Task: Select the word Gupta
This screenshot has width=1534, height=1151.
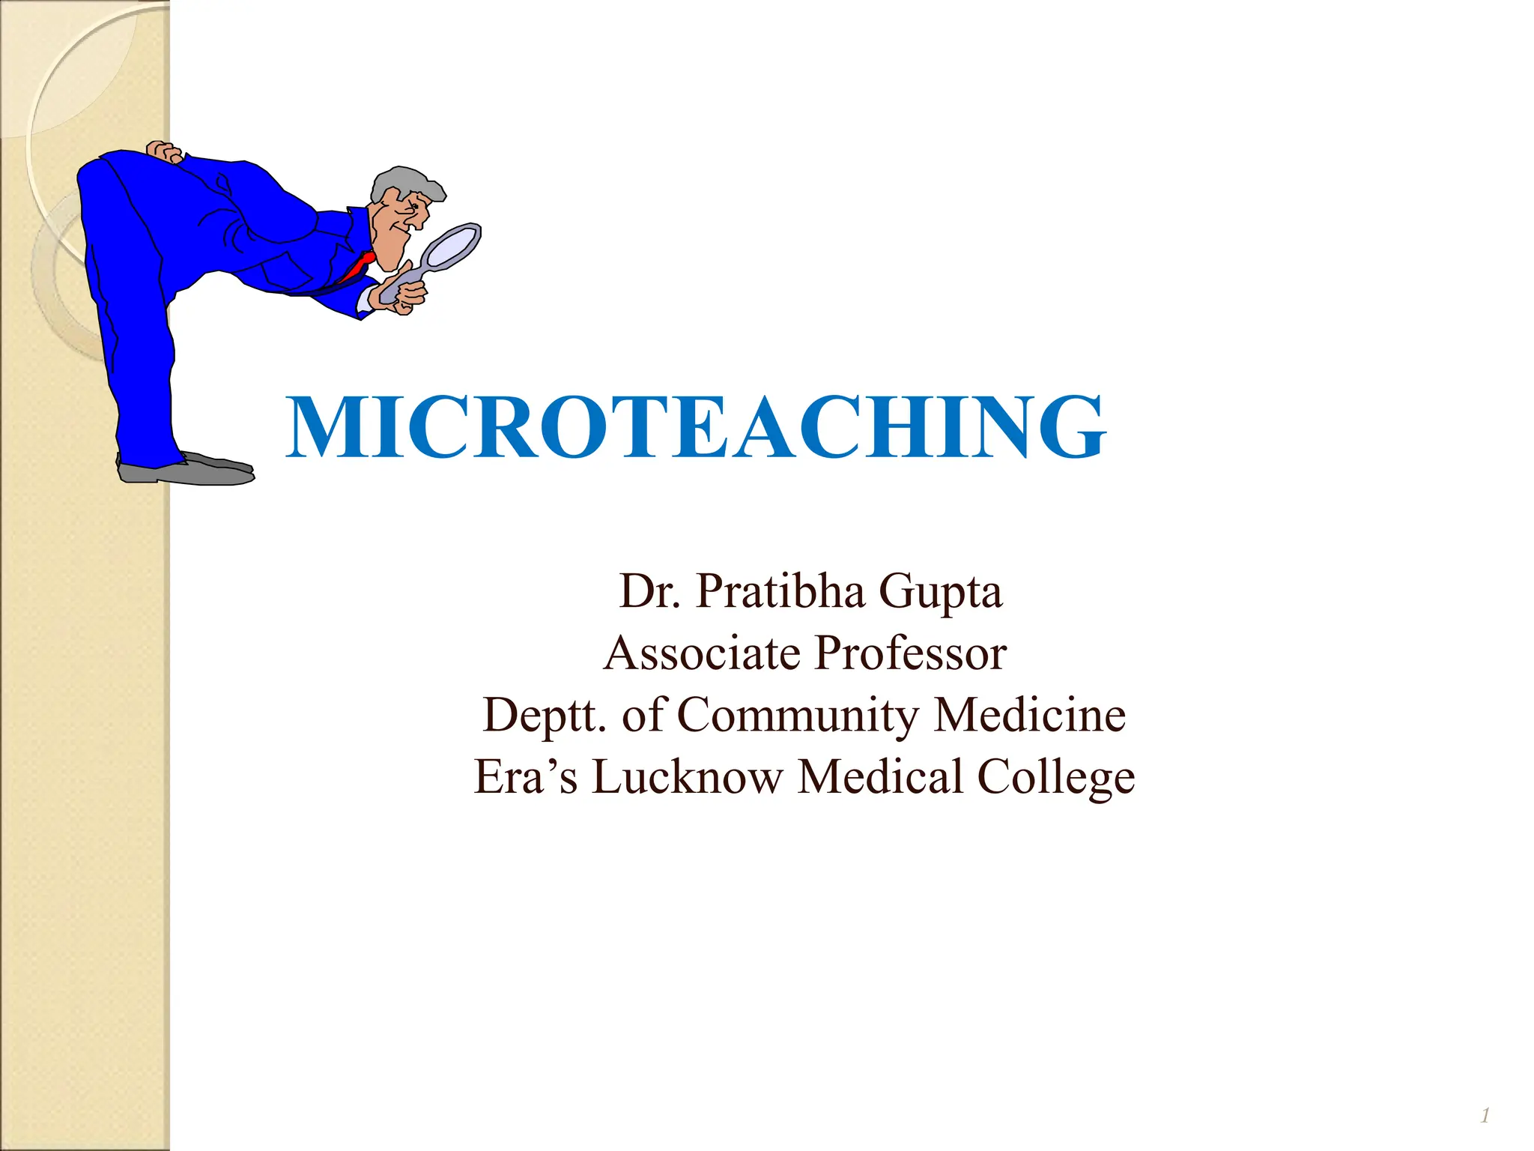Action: click(940, 593)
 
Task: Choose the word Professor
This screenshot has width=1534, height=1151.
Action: click(910, 653)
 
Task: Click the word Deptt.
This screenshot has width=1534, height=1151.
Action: click(545, 716)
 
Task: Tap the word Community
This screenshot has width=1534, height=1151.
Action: click(798, 716)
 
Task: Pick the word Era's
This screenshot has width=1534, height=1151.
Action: click(526, 776)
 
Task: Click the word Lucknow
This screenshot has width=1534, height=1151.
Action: click(687, 776)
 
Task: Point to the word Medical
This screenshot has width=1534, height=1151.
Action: click(880, 776)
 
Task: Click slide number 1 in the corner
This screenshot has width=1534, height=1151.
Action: click(1485, 1116)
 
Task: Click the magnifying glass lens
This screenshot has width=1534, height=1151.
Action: click(451, 246)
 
